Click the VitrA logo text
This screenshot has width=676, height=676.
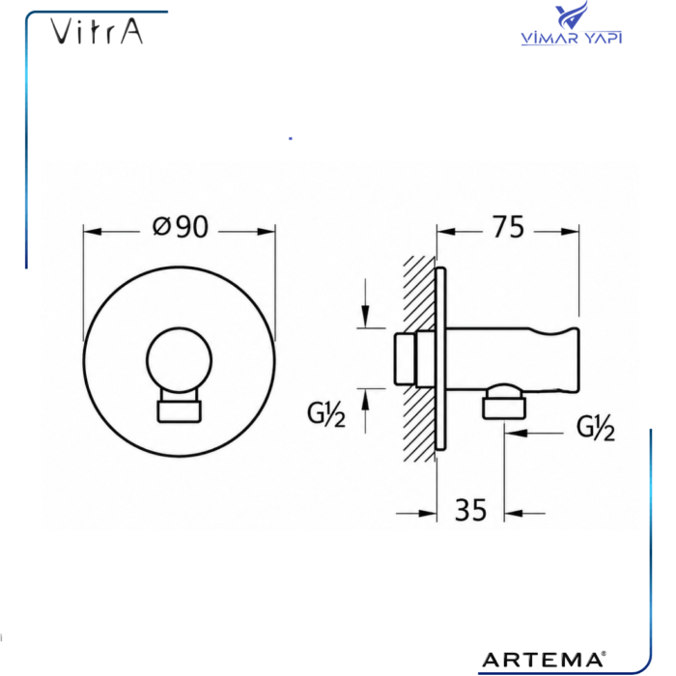pos(97,31)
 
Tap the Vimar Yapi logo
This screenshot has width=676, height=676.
pos(572,24)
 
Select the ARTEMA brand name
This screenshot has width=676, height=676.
pos(544,660)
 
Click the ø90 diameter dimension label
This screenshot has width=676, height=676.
pos(181,227)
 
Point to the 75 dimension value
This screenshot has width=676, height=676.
pos(508,227)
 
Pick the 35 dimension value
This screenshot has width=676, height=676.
pos(471,510)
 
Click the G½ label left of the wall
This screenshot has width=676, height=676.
pos(326,414)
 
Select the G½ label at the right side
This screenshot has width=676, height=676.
pos(596,428)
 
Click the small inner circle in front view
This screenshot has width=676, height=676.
pos(179,360)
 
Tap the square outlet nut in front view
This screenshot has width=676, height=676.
pos(179,411)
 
